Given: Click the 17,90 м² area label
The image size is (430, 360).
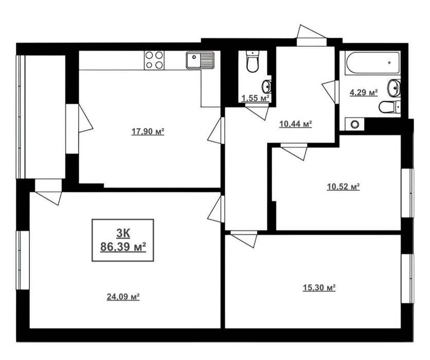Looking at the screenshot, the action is [148, 132].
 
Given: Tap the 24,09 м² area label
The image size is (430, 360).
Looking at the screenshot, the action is [123, 297].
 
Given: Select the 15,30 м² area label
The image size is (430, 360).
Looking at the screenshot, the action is [319, 287].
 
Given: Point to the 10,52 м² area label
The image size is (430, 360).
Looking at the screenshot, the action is [344, 187].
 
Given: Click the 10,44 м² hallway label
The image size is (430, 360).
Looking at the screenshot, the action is [296, 124].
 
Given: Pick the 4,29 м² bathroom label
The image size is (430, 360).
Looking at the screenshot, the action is [364, 93].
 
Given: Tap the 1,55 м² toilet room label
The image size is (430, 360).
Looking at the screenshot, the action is [255, 98].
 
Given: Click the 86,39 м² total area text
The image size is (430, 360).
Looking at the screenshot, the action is [123, 247].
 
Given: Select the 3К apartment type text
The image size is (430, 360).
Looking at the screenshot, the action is [123, 233].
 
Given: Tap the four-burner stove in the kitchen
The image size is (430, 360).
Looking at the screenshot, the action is [154, 60].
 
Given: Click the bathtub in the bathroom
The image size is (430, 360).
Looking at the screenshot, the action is [373, 63].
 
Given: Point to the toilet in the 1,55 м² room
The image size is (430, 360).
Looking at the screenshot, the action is [252, 61].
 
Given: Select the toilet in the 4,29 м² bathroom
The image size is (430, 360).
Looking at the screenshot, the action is [389, 107].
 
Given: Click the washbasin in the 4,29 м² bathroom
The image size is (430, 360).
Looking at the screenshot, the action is [394, 88].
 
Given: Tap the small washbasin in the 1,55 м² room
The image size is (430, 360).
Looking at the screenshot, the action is [266, 86].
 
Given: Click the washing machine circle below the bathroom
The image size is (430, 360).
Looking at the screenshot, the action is [355, 124].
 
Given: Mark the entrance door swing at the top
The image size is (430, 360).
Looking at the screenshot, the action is [311, 32].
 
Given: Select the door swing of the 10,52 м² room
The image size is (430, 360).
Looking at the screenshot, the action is [294, 152].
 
